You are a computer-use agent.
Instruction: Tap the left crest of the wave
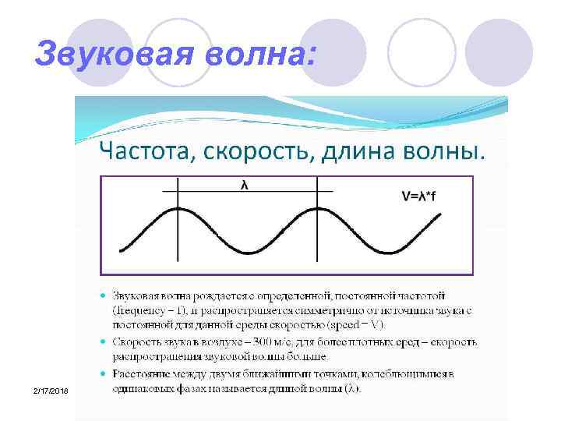[178, 209]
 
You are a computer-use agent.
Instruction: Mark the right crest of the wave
[317, 209]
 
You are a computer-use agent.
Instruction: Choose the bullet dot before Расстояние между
[103, 375]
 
